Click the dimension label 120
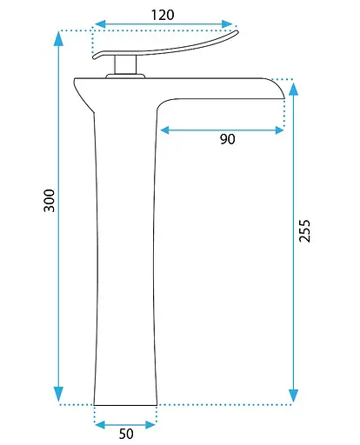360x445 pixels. [163, 15]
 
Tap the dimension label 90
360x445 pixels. [228, 139]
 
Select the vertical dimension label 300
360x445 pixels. [49, 201]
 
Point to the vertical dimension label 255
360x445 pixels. [304, 231]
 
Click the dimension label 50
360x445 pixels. [126, 434]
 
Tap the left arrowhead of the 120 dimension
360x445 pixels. [100, 24]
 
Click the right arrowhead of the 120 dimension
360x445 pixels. [227, 24]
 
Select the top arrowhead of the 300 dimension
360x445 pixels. [58, 38]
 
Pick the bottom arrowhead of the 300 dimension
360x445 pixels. [58, 394]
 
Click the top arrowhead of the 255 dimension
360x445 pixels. [294, 89]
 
